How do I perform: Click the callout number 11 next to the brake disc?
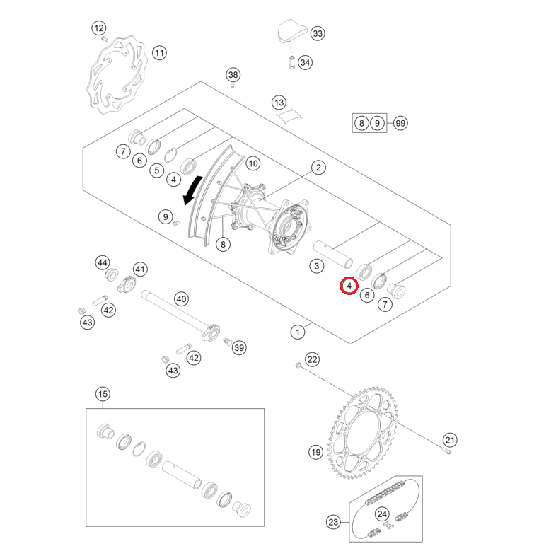pos(159,53)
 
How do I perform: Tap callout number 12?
pos(98,28)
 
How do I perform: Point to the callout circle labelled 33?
pos(317,34)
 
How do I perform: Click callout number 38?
pos(233,75)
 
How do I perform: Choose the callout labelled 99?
pos(400,123)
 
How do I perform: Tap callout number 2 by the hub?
pos(319,168)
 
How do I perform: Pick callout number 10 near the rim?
pos(253,163)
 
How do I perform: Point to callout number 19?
pos(315,451)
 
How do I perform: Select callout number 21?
pos(450,440)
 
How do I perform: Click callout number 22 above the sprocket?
pos(313,360)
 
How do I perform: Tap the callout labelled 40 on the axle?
pos(182,299)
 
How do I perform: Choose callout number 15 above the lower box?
pos(103,394)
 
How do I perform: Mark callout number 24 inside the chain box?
pos(382,514)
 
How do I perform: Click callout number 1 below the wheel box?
pos(298,330)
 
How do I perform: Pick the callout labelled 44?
pos(103,263)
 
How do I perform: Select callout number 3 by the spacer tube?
pos(317,266)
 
